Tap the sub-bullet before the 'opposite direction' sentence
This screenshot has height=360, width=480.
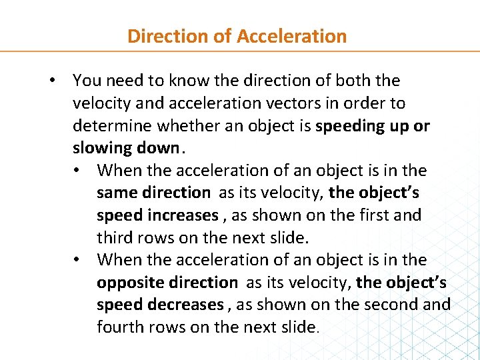79,260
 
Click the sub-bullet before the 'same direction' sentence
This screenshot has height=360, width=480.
79,171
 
